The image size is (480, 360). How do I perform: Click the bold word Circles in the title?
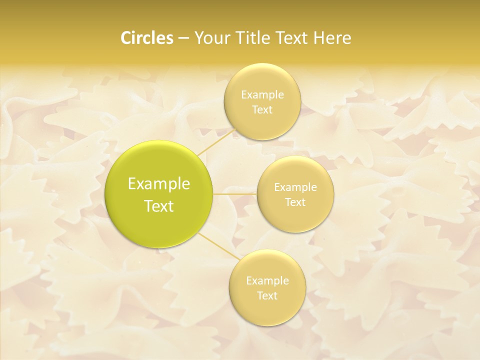[146, 38]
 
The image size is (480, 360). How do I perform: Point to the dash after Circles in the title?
[183, 38]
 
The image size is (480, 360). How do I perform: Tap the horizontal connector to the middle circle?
[234, 193]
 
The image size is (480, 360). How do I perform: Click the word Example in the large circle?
[159, 184]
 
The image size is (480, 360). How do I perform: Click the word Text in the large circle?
[159, 206]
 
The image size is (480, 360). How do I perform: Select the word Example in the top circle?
[262, 95]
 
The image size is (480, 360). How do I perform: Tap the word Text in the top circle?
[262, 109]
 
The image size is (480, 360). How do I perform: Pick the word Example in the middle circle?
[295, 187]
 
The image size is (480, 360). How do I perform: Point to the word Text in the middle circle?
[295, 202]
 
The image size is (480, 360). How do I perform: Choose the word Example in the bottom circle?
[267, 281]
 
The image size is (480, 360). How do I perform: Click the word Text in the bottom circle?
[267, 295]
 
